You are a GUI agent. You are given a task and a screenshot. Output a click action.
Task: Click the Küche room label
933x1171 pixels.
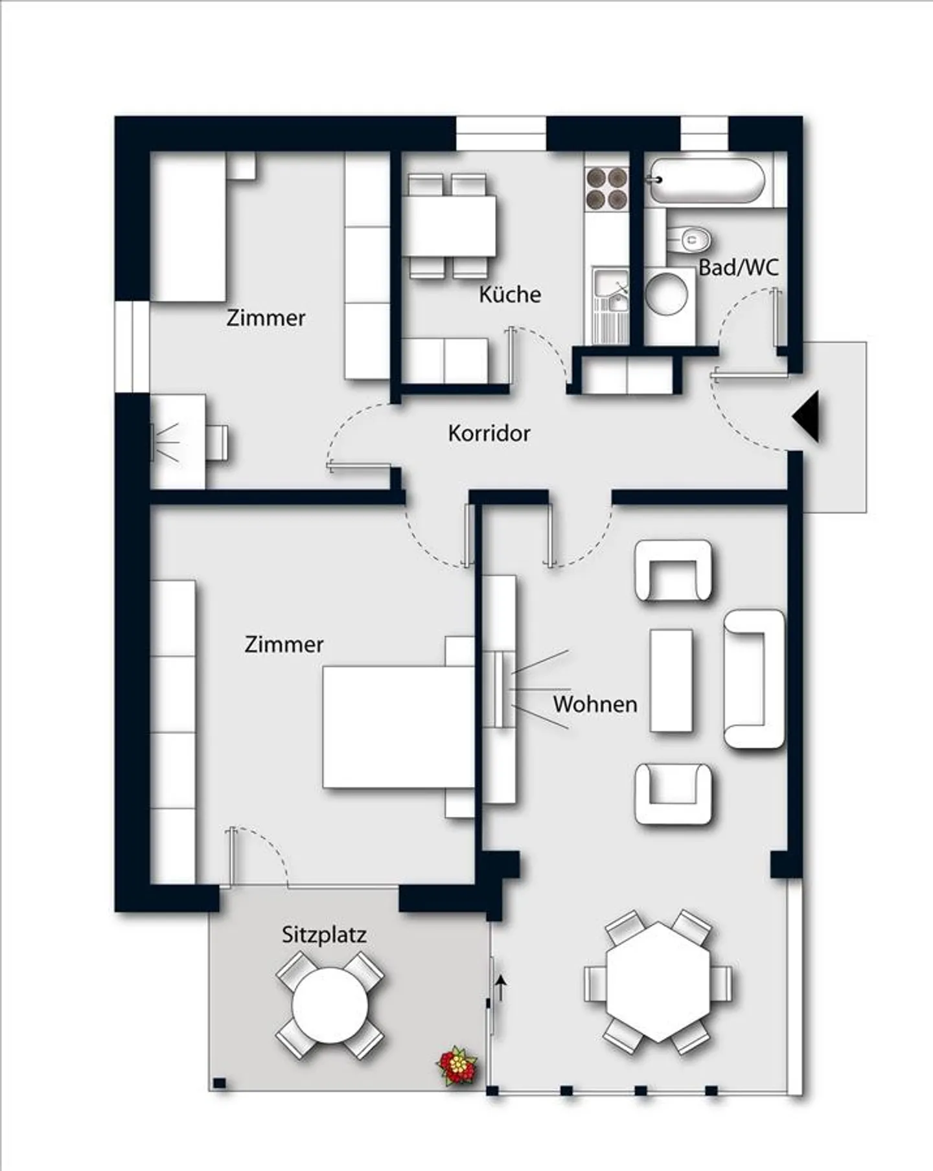pos(510,295)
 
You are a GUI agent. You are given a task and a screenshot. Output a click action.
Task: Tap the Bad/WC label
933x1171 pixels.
pos(738,267)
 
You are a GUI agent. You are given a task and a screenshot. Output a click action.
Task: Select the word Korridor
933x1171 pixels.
pos(489,433)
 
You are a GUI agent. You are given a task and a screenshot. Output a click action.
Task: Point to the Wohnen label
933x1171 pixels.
pos(595,704)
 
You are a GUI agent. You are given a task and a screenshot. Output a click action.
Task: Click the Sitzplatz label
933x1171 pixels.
pos(324,935)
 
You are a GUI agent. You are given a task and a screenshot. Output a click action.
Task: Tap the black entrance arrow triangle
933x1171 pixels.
pos(806,416)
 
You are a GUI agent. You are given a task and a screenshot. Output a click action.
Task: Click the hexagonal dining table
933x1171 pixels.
pos(658,981)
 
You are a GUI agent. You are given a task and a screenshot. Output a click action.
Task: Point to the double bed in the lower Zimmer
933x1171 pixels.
pos(398,727)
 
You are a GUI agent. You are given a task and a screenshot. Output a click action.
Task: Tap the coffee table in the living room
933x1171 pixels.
pos(671,680)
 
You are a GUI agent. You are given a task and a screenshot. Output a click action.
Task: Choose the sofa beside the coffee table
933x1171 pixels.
pos(755,679)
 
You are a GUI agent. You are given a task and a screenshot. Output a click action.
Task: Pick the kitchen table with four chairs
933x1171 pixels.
pos(451,226)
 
